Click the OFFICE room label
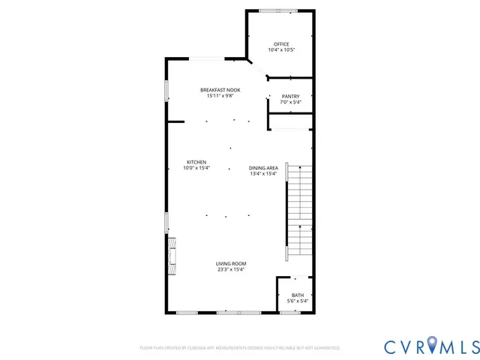point(280,44)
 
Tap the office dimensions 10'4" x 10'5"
point(280,50)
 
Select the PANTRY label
point(290,97)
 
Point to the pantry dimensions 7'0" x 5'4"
point(290,103)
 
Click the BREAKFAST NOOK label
point(214,90)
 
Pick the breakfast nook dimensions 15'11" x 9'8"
point(214,96)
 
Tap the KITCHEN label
point(196,162)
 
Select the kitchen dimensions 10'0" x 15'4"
point(196,168)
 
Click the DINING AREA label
point(264,168)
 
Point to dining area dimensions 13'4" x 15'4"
point(264,174)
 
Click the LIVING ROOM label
point(231,264)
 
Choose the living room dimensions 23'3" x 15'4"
point(231,270)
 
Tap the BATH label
point(298,295)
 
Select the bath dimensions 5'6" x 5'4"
point(298,301)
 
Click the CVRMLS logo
point(431,346)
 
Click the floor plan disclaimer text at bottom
point(240,348)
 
